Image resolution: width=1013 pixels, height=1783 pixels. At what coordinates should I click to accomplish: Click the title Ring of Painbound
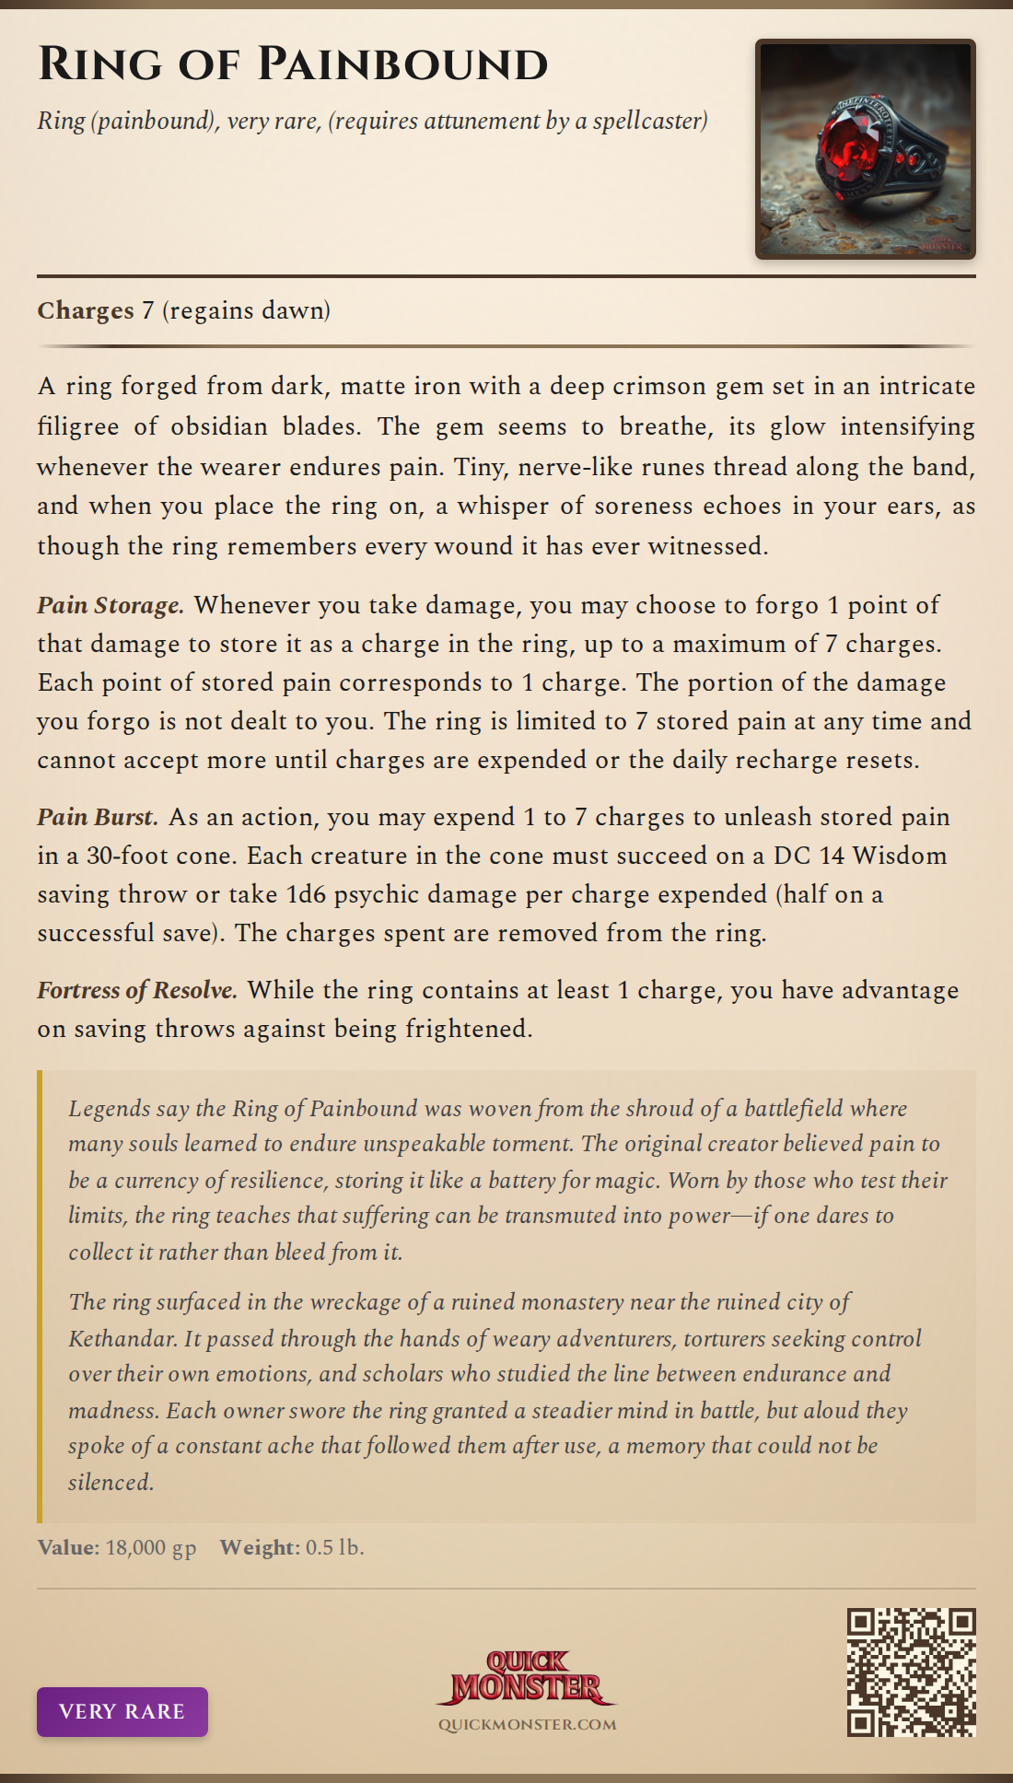click(293, 64)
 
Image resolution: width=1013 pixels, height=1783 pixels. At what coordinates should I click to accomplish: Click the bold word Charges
click(86, 310)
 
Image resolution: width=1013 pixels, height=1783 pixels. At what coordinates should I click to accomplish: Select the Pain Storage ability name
click(111, 605)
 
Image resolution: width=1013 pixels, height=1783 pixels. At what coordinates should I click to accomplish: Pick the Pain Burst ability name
click(98, 817)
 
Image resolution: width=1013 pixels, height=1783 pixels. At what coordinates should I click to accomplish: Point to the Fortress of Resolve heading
click(137, 990)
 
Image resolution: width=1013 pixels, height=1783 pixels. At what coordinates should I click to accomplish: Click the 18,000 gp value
click(151, 1547)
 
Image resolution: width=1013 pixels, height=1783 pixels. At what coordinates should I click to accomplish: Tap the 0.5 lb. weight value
click(335, 1547)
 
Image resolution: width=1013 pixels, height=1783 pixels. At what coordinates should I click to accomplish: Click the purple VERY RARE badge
click(122, 1711)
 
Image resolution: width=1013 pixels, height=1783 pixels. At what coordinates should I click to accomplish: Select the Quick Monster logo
click(527, 1677)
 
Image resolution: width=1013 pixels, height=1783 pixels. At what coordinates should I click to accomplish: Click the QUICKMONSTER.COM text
click(527, 1725)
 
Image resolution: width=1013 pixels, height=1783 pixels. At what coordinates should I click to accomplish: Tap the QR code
click(911, 1672)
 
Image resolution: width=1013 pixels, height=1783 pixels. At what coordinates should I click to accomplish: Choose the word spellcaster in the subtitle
click(649, 121)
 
